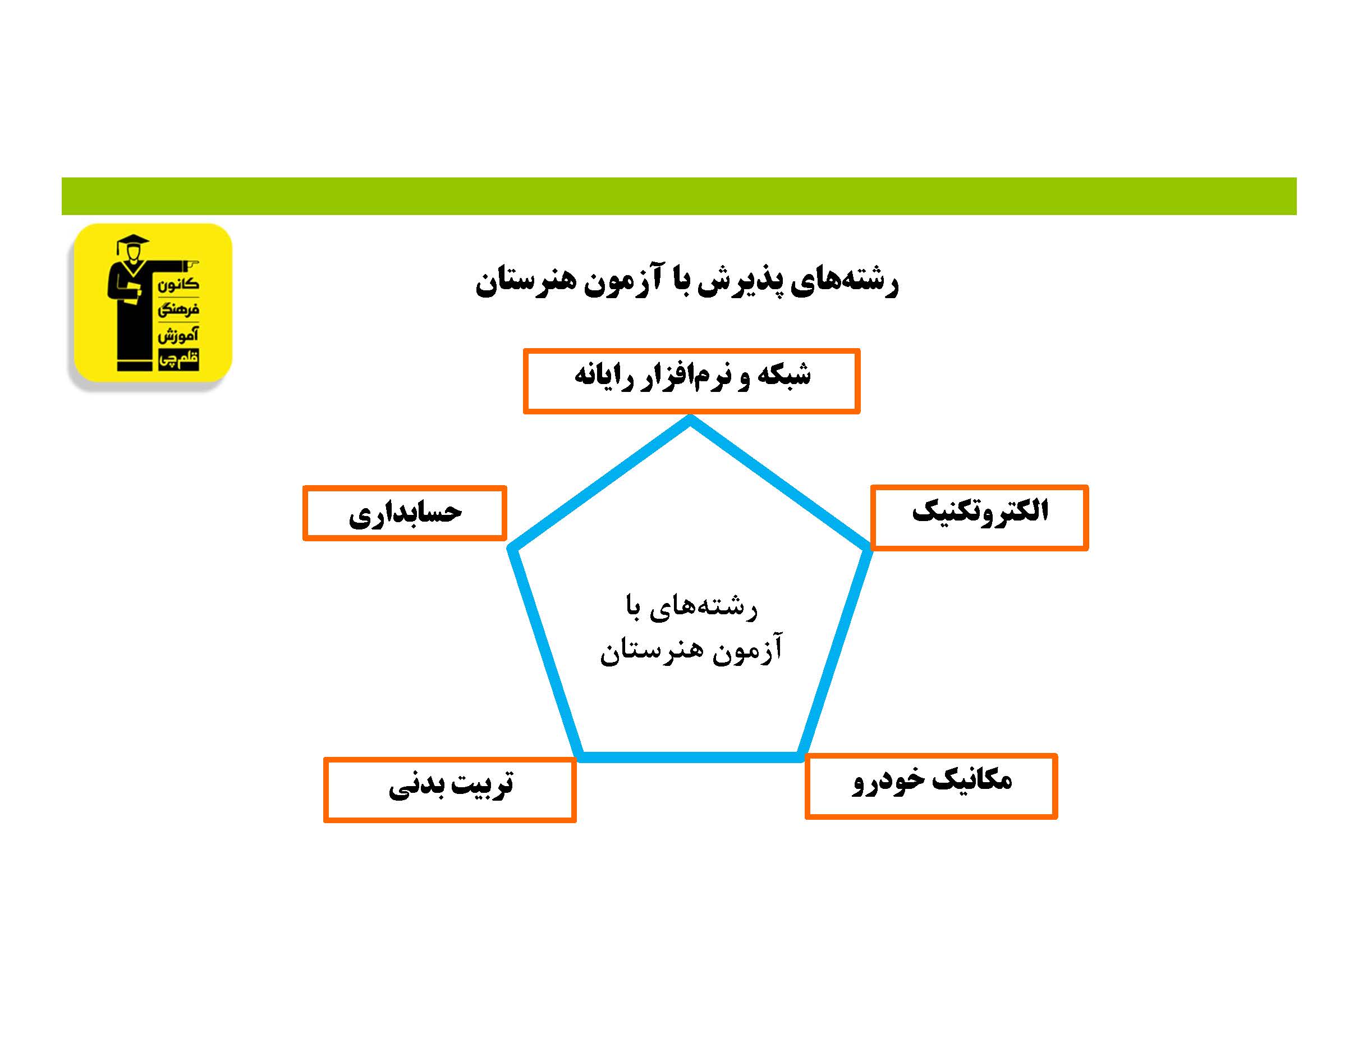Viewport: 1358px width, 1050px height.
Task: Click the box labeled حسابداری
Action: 404,513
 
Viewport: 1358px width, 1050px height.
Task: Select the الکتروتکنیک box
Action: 979,517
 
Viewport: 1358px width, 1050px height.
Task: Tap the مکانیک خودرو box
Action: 931,786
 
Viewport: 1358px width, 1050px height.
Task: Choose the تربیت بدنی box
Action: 449,789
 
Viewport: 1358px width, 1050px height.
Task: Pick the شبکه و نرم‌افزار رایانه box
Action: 691,381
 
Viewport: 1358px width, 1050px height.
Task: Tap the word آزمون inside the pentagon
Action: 747,650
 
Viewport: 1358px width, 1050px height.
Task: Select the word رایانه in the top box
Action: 599,376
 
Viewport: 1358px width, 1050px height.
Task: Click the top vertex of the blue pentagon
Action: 690,421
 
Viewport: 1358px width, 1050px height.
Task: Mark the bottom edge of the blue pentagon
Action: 690,757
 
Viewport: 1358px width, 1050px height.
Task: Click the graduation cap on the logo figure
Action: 132,243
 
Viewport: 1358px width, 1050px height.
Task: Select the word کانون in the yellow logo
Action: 178,285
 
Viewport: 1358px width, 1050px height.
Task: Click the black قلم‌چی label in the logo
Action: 178,359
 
